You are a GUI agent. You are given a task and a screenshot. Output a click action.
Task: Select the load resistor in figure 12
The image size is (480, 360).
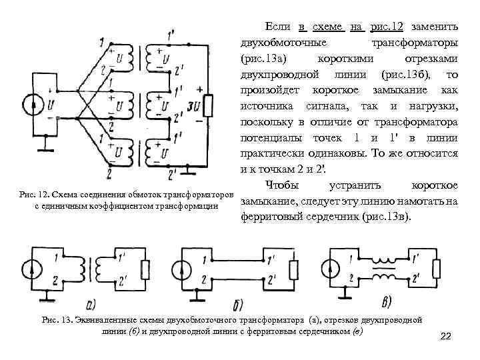click(x=208, y=105)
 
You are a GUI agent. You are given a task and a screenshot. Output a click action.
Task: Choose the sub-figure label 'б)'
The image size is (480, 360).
click(x=236, y=304)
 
